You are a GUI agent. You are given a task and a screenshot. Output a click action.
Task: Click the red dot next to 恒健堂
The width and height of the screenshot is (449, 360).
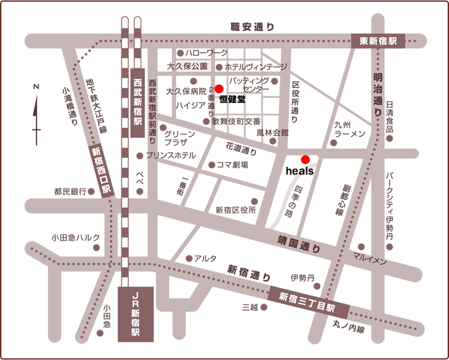(219, 88)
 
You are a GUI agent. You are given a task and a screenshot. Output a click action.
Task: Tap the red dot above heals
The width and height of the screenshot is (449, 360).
(306, 159)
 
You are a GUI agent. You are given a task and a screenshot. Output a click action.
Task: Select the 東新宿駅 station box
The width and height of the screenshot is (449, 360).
(378, 41)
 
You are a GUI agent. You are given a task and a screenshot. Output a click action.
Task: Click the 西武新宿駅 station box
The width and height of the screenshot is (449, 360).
(137, 104)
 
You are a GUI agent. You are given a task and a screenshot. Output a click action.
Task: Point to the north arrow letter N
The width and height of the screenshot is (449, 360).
(37, 87)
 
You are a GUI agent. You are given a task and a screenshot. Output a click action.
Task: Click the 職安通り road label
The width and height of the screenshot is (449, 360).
(252, 27)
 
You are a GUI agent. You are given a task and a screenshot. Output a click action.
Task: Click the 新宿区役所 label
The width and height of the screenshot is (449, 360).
(235, 210)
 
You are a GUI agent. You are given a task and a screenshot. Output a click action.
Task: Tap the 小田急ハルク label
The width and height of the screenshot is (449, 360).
(76, 238)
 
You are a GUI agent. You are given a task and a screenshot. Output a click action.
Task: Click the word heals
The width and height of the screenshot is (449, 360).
(299, 171)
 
